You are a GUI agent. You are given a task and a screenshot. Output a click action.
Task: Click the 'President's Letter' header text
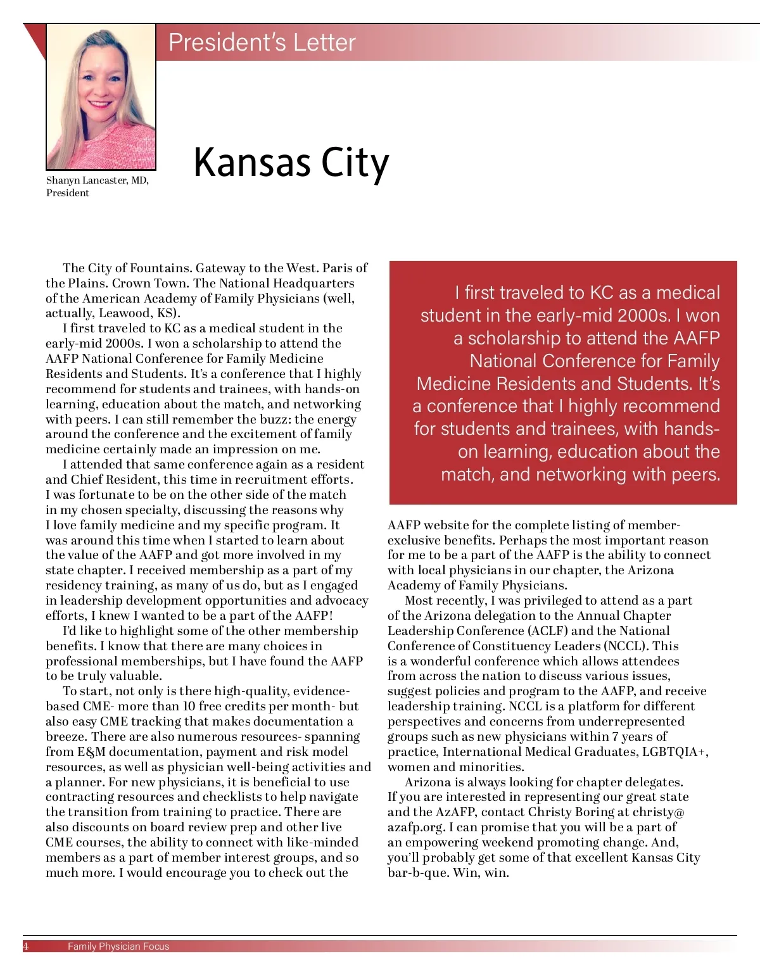coord(262,42)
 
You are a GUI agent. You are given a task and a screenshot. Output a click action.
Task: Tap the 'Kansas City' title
coord(291,162)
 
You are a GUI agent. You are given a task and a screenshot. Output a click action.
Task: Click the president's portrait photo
coord(101,96)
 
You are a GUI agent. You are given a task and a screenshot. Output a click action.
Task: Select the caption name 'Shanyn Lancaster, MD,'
coord(97,180)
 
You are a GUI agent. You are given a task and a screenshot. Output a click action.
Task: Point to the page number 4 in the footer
coord(26,947)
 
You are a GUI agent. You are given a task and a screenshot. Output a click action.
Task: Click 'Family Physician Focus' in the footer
coord(118,947)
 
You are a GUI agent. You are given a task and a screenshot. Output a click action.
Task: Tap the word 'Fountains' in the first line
coord(160,268)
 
